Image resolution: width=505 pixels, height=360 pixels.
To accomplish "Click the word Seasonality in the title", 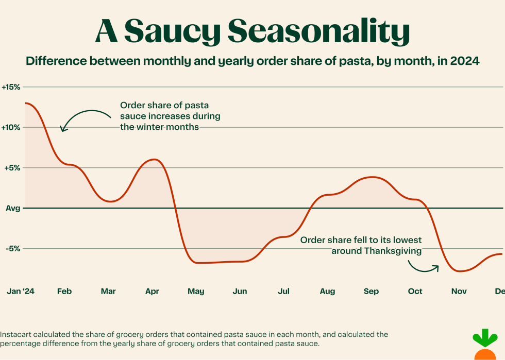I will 318,32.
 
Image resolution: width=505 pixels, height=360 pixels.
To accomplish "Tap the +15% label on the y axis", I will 11,87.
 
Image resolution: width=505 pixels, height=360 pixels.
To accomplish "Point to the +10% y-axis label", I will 11,127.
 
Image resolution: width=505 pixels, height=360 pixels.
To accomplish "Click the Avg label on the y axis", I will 13,208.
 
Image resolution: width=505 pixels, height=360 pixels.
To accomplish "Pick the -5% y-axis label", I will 12,248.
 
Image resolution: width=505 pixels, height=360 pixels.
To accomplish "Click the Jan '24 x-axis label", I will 21,292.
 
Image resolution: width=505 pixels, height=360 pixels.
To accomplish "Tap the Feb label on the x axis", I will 64,292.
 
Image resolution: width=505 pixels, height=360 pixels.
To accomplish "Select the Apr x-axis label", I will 152,292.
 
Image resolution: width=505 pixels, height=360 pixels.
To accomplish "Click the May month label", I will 196,292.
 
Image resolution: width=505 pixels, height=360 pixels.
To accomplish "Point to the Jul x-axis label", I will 283,292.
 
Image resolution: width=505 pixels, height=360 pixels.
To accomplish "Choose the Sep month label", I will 371,292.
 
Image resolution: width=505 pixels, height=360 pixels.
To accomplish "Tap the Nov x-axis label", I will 459,292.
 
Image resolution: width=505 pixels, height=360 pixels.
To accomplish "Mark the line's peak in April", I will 153,160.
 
